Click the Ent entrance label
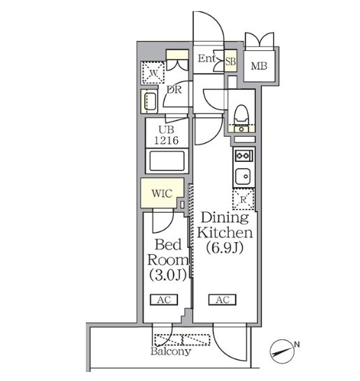point(207,59)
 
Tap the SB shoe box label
point(230,61)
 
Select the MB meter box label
point(259,66)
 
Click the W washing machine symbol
point(153,73)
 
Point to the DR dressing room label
point(174,90)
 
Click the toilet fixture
point(241,115)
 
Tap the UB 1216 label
point(167,135)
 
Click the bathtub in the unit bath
point(167,160)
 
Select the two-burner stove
point(244,156)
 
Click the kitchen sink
point(242,176)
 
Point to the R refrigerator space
point(243,200)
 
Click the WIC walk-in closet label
point(162,193)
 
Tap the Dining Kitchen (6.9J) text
point(225,233)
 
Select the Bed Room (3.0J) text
point(168,260)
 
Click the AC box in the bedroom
point(164,299)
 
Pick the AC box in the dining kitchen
point(223,299)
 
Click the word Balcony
point(171,352)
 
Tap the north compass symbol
point(283,352)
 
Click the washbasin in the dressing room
point(149,102)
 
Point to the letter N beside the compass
point(297,344)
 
